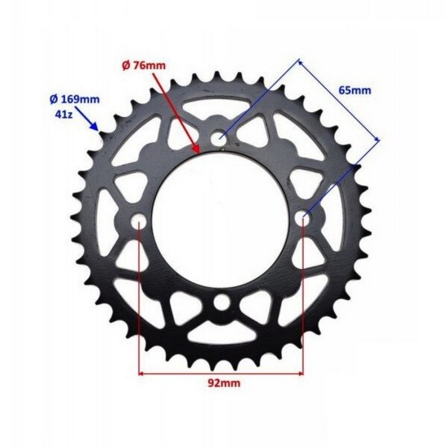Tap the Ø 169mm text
[75, 99]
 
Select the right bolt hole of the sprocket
[305, 217]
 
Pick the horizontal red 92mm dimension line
[221, 375]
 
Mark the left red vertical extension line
[140, 301]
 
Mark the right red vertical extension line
[303, 301]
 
